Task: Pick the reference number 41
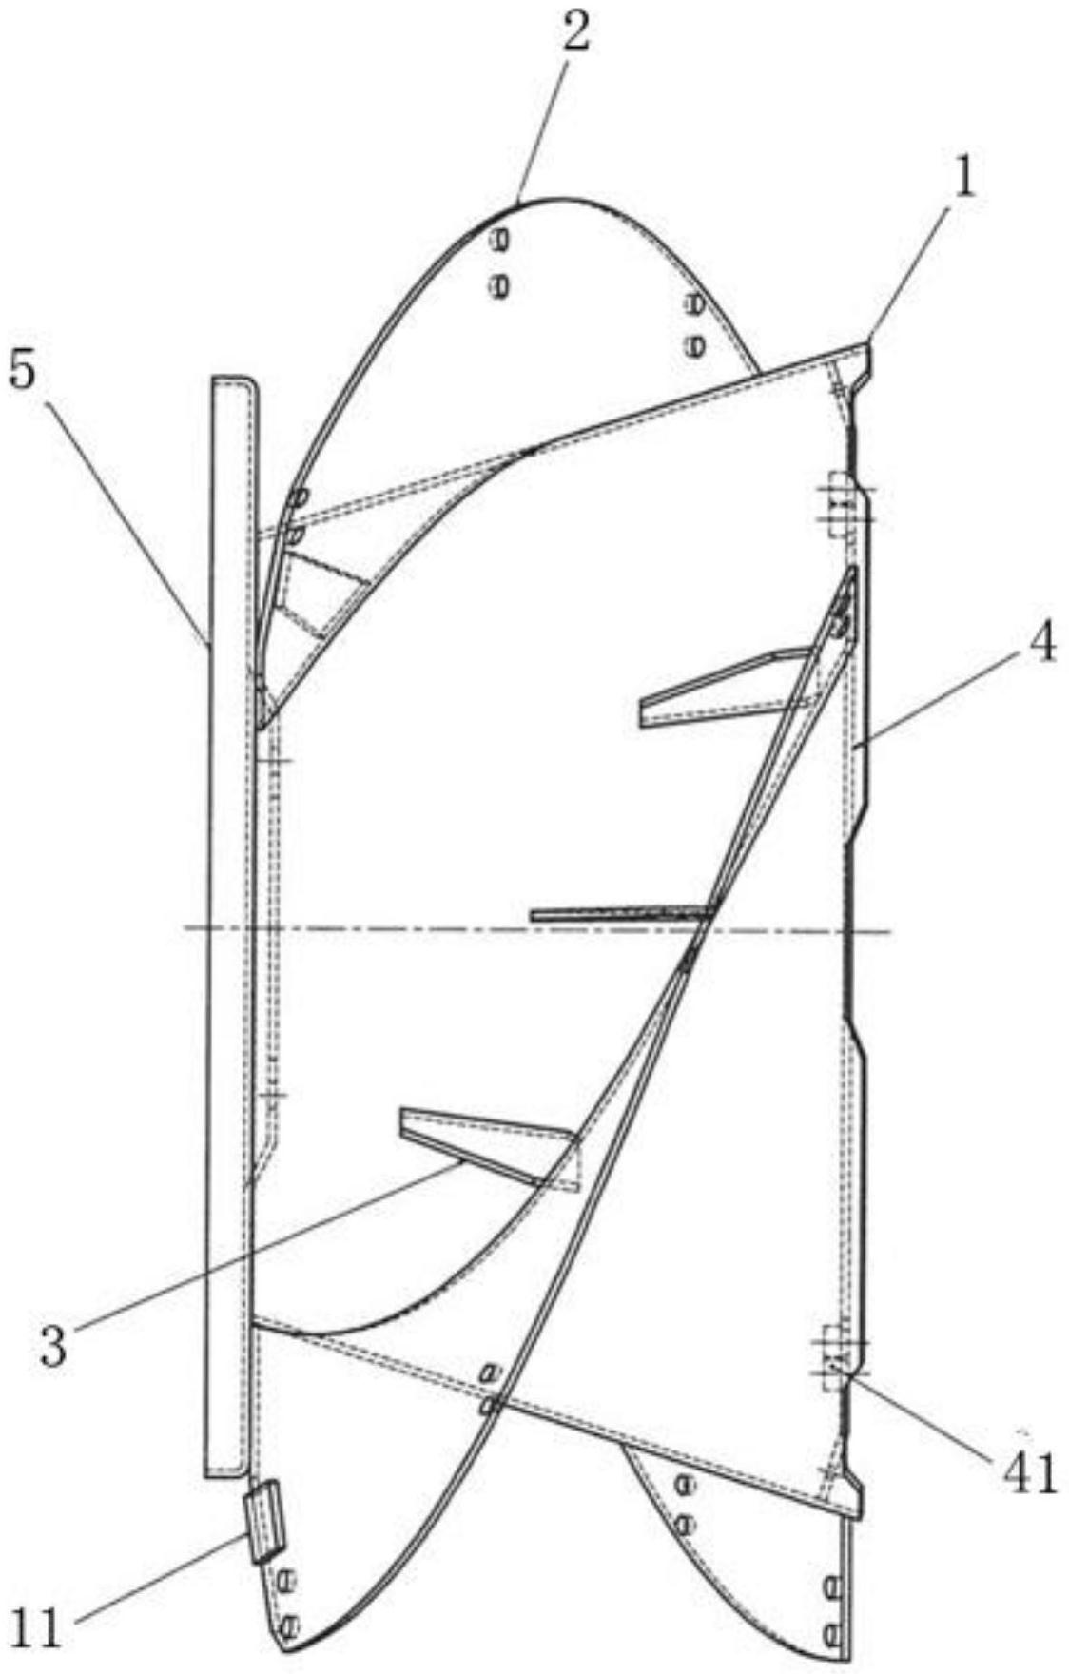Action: (x=1031, y=1472)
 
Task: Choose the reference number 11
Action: (x=36, y=1627)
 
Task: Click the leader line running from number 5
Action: (x=124, y=514)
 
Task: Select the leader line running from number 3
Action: (x=266, y=1241)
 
